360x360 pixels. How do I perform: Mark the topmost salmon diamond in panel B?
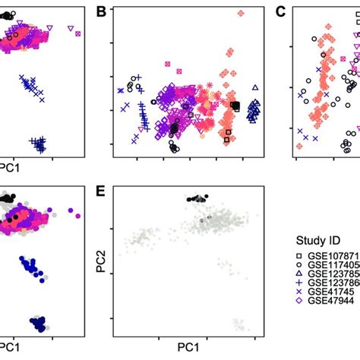241,14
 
